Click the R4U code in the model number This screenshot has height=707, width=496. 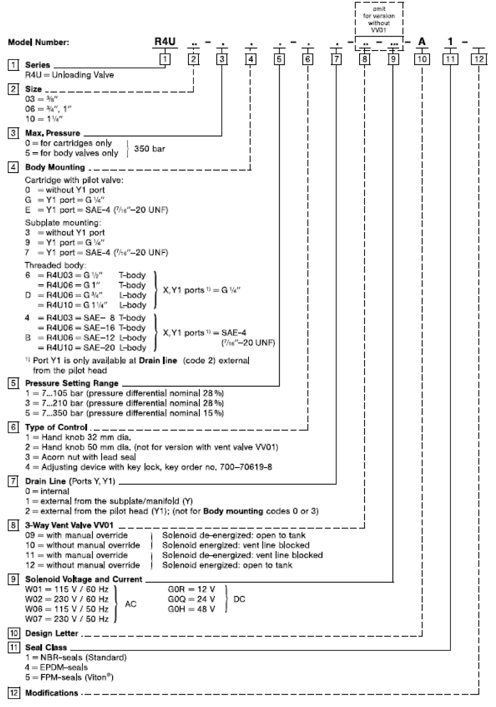coord(165,42)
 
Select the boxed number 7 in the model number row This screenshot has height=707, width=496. coord(336,59)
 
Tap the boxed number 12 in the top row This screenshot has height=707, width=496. coord(479,59)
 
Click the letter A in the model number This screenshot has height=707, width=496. coord(422,42)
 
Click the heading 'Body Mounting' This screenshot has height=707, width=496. coord(55,168)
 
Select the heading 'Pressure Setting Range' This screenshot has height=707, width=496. coord(71,383)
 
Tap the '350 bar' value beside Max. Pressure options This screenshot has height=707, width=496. coord(149,148)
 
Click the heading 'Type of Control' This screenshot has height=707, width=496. coord(56,427)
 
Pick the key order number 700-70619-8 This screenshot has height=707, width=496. coord(248,467)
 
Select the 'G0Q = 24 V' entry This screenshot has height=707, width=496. coord(191,599)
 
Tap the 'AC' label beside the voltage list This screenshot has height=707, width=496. coord(130,604)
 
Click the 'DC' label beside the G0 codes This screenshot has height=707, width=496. coord(239,599)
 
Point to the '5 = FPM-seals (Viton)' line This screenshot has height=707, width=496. coord(69,677)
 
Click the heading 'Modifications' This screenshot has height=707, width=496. coord(52,693)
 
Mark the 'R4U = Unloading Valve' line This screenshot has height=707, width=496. coord(69,75)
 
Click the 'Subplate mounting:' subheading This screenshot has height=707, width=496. coord(63,223)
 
